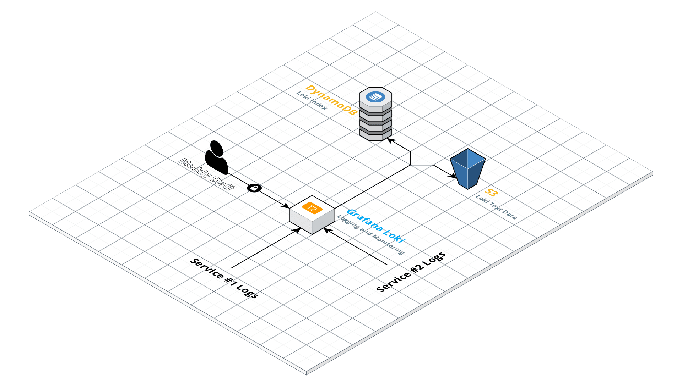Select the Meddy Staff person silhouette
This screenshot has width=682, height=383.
[x=216, y=157]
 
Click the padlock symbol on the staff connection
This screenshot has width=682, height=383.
[x=254, y=188]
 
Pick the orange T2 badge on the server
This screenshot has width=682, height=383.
[x=312, y=208]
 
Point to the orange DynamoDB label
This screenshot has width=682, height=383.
[x=331, y=100]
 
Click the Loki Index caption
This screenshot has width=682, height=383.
[x=312, y=101]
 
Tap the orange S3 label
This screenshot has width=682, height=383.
[x=491, y=192]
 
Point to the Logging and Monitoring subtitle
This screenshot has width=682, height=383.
[x=370, y=235]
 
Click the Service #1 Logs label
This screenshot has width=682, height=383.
[x=224, y=278]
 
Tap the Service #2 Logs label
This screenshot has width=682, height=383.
[x=411, y=272]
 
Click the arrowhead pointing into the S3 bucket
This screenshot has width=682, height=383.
[x=453, y=176]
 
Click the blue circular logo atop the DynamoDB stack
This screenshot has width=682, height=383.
[x=375, y=96]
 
